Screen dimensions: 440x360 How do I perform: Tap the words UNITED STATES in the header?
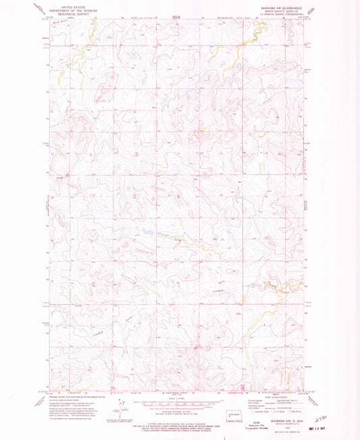coord(74,6)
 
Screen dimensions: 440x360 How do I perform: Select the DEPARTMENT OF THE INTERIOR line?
coord(74,10)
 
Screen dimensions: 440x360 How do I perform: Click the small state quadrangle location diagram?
coord(251,410)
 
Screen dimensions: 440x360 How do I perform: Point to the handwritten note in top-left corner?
coord(42,8)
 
